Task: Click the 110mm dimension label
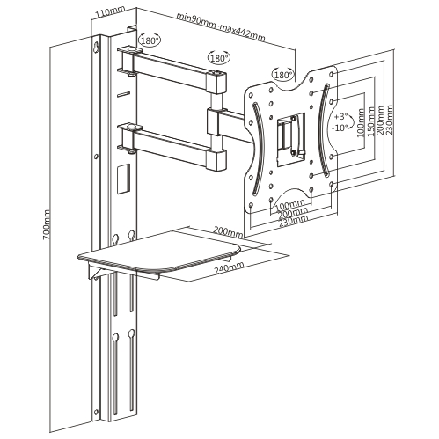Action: coord(108,12)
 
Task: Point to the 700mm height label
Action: coord(47,224)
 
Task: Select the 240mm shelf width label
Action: coord(229,267)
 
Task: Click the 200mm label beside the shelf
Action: coord(228,231)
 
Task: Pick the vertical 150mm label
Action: coord(370,121)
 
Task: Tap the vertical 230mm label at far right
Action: coord(390,120)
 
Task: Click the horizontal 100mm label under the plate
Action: coord(290,204)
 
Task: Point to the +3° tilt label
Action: coord(340,117)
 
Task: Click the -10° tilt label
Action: coord(340,128)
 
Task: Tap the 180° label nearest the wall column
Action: coord(150,40)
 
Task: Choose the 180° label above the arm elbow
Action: coord(219,57)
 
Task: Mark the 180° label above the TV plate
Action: coord(283,75)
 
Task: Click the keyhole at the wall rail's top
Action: coord(96,47)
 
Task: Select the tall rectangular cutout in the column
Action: coord(123,179)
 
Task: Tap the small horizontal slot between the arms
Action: coord(123,94)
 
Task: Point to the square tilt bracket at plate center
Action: coord(291,139)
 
